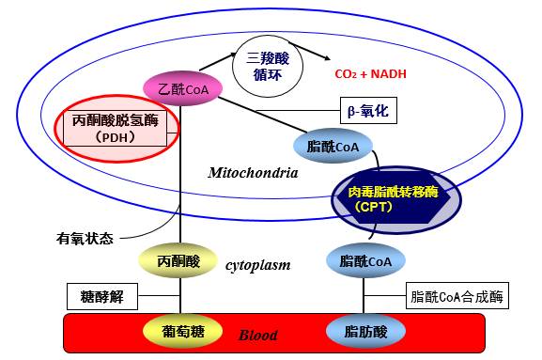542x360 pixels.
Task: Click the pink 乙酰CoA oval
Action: click(181, 89)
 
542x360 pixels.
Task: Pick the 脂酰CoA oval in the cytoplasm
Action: click(364, 260)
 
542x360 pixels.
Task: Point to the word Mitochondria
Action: click(253, 173)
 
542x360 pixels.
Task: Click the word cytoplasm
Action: click(257, 265)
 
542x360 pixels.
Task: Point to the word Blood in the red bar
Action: click(258, 334)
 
